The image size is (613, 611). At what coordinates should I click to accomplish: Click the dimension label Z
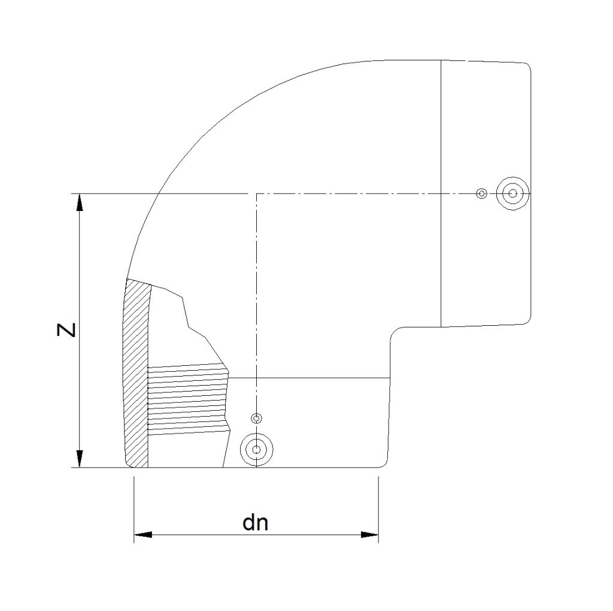click(66, 330)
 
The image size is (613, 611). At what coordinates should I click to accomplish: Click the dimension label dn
click(256, 523)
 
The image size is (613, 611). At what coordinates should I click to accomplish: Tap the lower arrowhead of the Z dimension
click(80, 459)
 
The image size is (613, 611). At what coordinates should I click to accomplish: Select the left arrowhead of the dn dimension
click(142, 534)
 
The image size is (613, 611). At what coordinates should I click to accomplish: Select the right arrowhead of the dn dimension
click(369, 534)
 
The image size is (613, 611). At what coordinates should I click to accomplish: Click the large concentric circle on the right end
click(512, 193)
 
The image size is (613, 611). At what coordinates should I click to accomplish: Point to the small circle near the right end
click(482, 193)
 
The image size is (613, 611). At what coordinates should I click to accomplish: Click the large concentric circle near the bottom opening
click(256, 450)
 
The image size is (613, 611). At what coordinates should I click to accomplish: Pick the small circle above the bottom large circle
click(256, 419)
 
